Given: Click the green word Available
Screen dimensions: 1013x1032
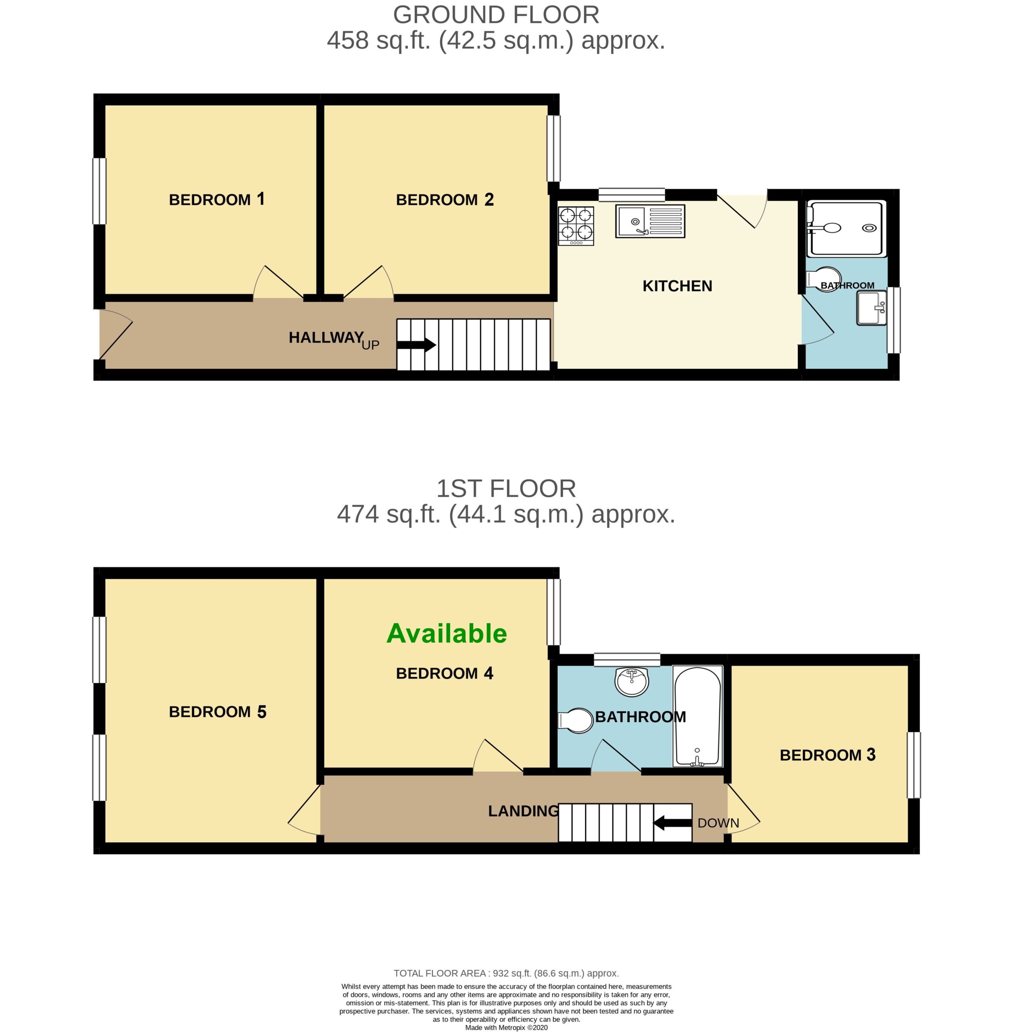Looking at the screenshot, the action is (x=447, y=634).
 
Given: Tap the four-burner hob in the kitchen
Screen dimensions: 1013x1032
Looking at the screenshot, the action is (x=576, y=226).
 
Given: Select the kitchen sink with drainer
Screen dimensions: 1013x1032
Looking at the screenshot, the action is (x=650, y=221).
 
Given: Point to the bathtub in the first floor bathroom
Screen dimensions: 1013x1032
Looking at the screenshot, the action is (x=697, y=716).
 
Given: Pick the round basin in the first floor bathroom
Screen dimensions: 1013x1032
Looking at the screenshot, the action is (x=632, y=681).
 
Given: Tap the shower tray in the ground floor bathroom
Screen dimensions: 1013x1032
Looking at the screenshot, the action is (x=846, y=228).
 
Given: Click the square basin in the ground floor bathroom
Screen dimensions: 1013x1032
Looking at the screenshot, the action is (x=872, y=308).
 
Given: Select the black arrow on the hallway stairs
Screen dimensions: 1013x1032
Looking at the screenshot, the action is (x=416, y=345).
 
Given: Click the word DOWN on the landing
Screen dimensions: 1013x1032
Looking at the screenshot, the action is (x=718, y=823).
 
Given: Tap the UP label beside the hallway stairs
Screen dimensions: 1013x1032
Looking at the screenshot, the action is (x=370, y=345).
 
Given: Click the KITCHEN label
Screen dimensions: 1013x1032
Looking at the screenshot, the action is (x=677, y=286).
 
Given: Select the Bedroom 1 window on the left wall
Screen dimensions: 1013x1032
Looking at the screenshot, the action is (x=100, y=191).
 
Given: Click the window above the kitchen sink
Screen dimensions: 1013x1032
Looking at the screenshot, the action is (x=632, y=195).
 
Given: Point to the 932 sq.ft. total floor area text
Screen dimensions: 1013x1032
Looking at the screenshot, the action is (x=506, y=973).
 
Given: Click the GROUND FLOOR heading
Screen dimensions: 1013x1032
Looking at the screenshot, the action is (x=496, y=15).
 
